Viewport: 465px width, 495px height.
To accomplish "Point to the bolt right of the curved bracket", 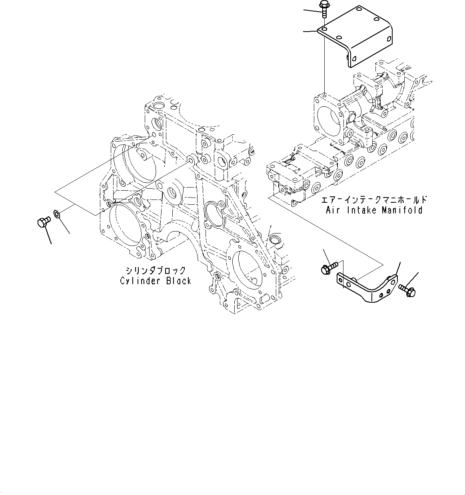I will click(407, 290).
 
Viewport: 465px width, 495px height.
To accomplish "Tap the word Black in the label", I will click(178, 281).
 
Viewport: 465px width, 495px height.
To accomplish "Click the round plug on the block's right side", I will click(275, 240).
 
